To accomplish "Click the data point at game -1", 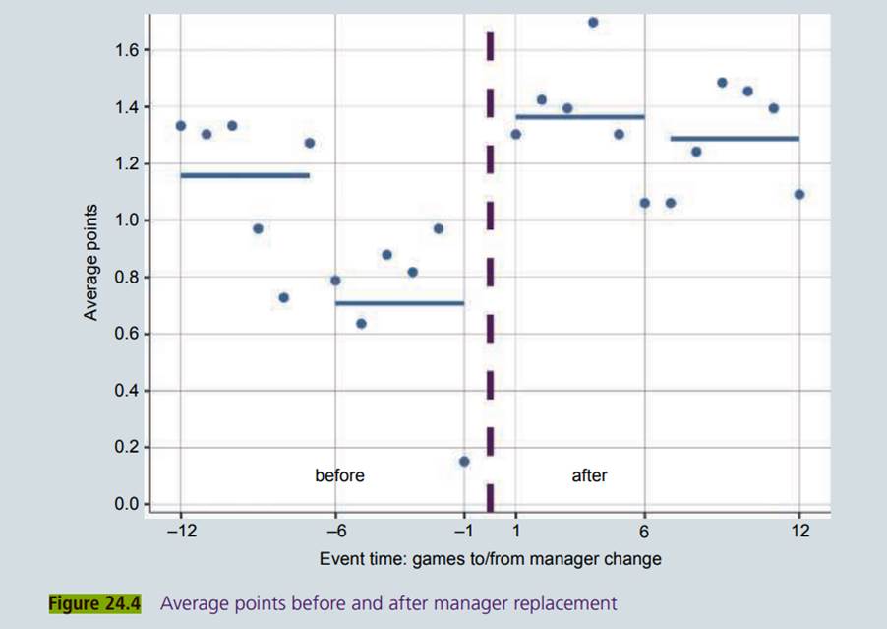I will coord(464,461).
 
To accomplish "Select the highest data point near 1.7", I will coord(593,22).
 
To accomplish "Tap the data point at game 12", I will coord(799,194).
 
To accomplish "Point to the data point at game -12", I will coord(181,126).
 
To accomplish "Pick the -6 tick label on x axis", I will coord(334,532).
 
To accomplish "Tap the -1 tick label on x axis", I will coord(461,532).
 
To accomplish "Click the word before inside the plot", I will coord(339,475).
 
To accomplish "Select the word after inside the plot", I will coord(589,475).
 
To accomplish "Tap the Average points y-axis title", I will coord(91,262).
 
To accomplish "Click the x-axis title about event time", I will coord(490,558).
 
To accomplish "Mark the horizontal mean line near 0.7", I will coord(399,303).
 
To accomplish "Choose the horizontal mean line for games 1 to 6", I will coord(580,117).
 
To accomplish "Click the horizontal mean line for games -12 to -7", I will coord(245,175).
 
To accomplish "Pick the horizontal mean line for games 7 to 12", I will coord(735,139).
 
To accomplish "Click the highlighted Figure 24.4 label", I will coord(95,603).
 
